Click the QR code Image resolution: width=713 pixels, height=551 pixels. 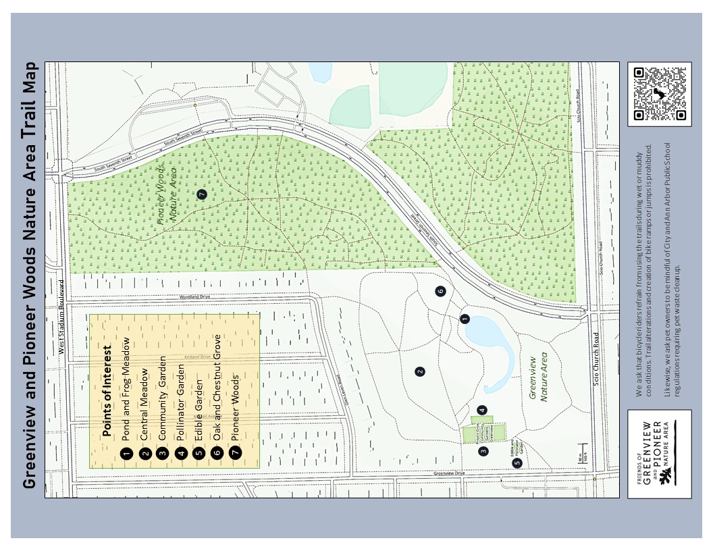[659, 95]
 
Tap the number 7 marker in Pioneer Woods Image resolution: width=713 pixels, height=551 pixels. [202, 194]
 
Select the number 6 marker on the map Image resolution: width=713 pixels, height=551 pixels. [440, 291]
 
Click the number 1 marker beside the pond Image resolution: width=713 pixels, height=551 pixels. [465, 319]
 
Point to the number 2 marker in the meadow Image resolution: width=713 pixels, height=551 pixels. [420, 371]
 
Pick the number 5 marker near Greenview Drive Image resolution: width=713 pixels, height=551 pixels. [517, 463]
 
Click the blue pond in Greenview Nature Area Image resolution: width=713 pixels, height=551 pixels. [490, 344]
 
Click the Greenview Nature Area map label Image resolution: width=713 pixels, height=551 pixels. [538, 378]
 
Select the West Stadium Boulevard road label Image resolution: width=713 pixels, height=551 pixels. [61, 317]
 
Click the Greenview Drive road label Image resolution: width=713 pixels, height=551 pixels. [450, 473]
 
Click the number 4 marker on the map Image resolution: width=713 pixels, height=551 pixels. [481, 409]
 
